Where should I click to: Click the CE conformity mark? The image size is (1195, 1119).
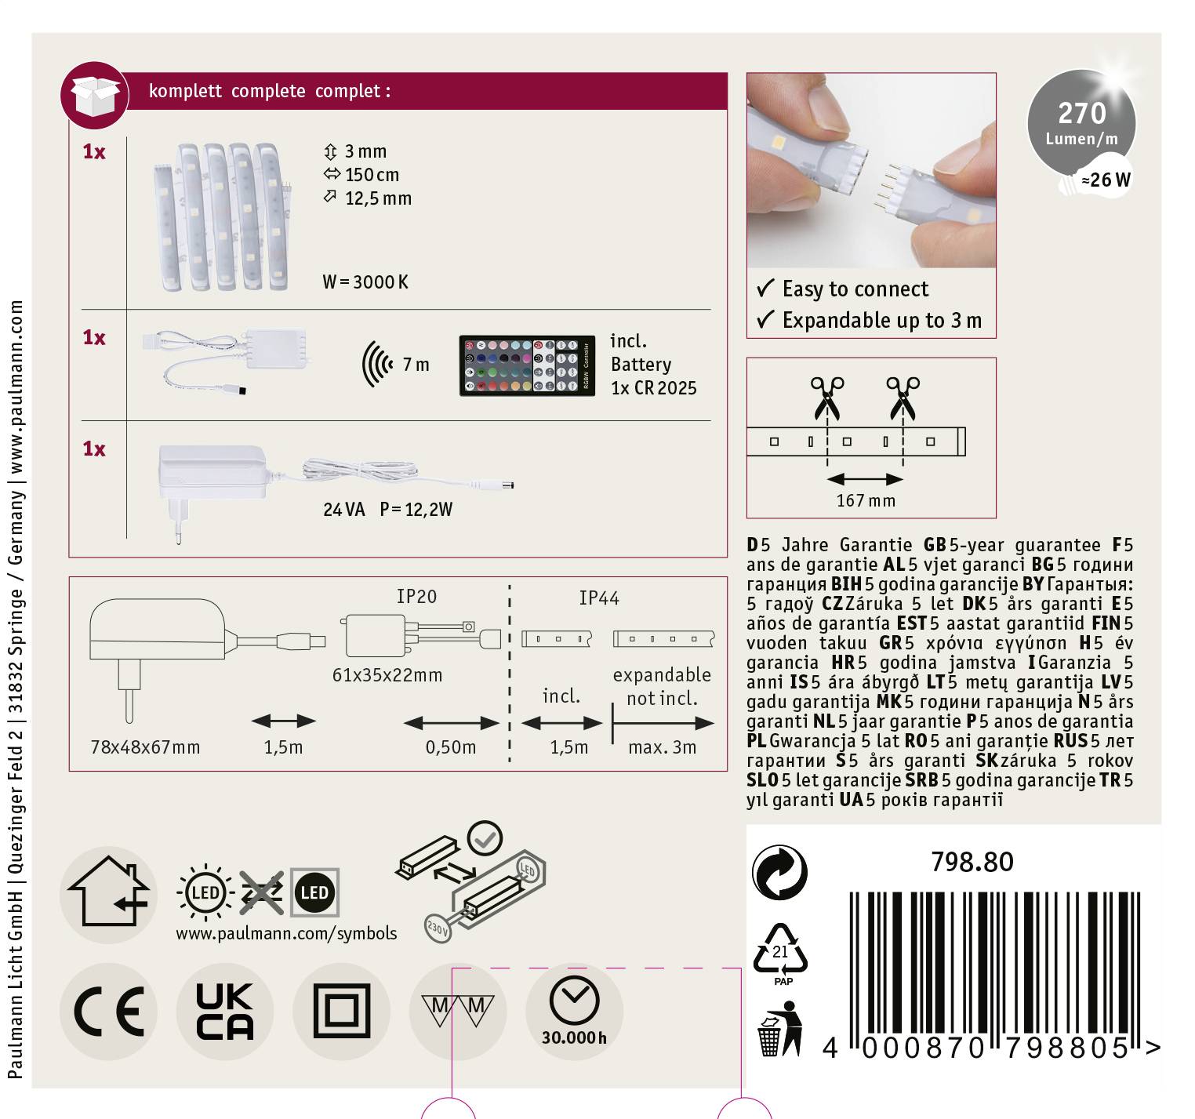point(108,1012)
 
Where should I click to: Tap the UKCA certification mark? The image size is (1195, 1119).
point(224,1012)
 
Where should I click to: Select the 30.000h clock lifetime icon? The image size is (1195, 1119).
point(574,1012)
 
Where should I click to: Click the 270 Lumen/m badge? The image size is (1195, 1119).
point(1081,123)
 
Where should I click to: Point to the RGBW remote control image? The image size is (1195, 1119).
point(526,365)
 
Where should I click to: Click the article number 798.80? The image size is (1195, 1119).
point(972,862)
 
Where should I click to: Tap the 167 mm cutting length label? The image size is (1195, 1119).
point(866,500)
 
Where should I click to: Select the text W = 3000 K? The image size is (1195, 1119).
point(365,282)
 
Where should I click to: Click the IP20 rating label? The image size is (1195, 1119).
point(416,597)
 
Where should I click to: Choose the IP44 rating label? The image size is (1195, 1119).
point(599,598)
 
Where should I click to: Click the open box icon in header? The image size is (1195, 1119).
point(95,96)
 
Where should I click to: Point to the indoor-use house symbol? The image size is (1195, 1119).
point(108,894)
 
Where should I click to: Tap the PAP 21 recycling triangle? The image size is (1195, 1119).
point(780,952)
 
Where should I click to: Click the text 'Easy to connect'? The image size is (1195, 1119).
point(855,289)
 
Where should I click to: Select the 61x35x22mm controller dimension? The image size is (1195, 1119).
point(387,675)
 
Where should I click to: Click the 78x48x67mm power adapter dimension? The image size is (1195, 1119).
point(145,747)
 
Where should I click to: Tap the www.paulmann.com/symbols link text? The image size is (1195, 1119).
point(286,933)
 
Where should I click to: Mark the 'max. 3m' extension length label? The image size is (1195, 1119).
point(662,747)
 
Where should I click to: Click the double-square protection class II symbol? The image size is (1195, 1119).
point(341,1012)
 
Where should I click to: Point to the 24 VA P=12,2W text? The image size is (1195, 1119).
point(387,510)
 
